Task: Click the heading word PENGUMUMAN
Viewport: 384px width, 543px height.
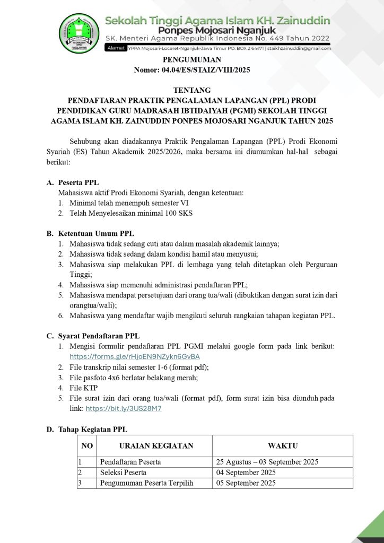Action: pyautogui.click(x=191, y=59)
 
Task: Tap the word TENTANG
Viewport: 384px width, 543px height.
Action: pyautogui.click(x=191, y=90)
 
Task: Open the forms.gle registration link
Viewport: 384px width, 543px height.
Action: pyautogui.click(x=135, y=356)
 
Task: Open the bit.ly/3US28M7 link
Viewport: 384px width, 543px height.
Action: pyautogui.click(x=124, y=408)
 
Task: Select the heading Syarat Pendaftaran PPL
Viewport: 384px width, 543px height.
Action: pyautogui.click(x=99, y=336)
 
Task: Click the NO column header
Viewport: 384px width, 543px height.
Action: pyautogui.click(x=88, y=446)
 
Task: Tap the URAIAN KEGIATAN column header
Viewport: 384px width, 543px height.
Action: pyautogui.click(x=156, y=446)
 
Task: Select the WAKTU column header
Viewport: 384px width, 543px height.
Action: pyautogui.click(x=282, y=446)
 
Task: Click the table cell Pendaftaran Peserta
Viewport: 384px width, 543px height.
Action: pyautogui.click(x=130, y=462)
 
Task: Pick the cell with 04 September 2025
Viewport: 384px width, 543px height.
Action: pyautogui.click(x=246, y=472)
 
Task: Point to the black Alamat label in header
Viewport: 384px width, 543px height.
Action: pyautogui.click(x=116, y=48)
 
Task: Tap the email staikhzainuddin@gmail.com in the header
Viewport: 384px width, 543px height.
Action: pyautogui.click(x=299, y=48)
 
